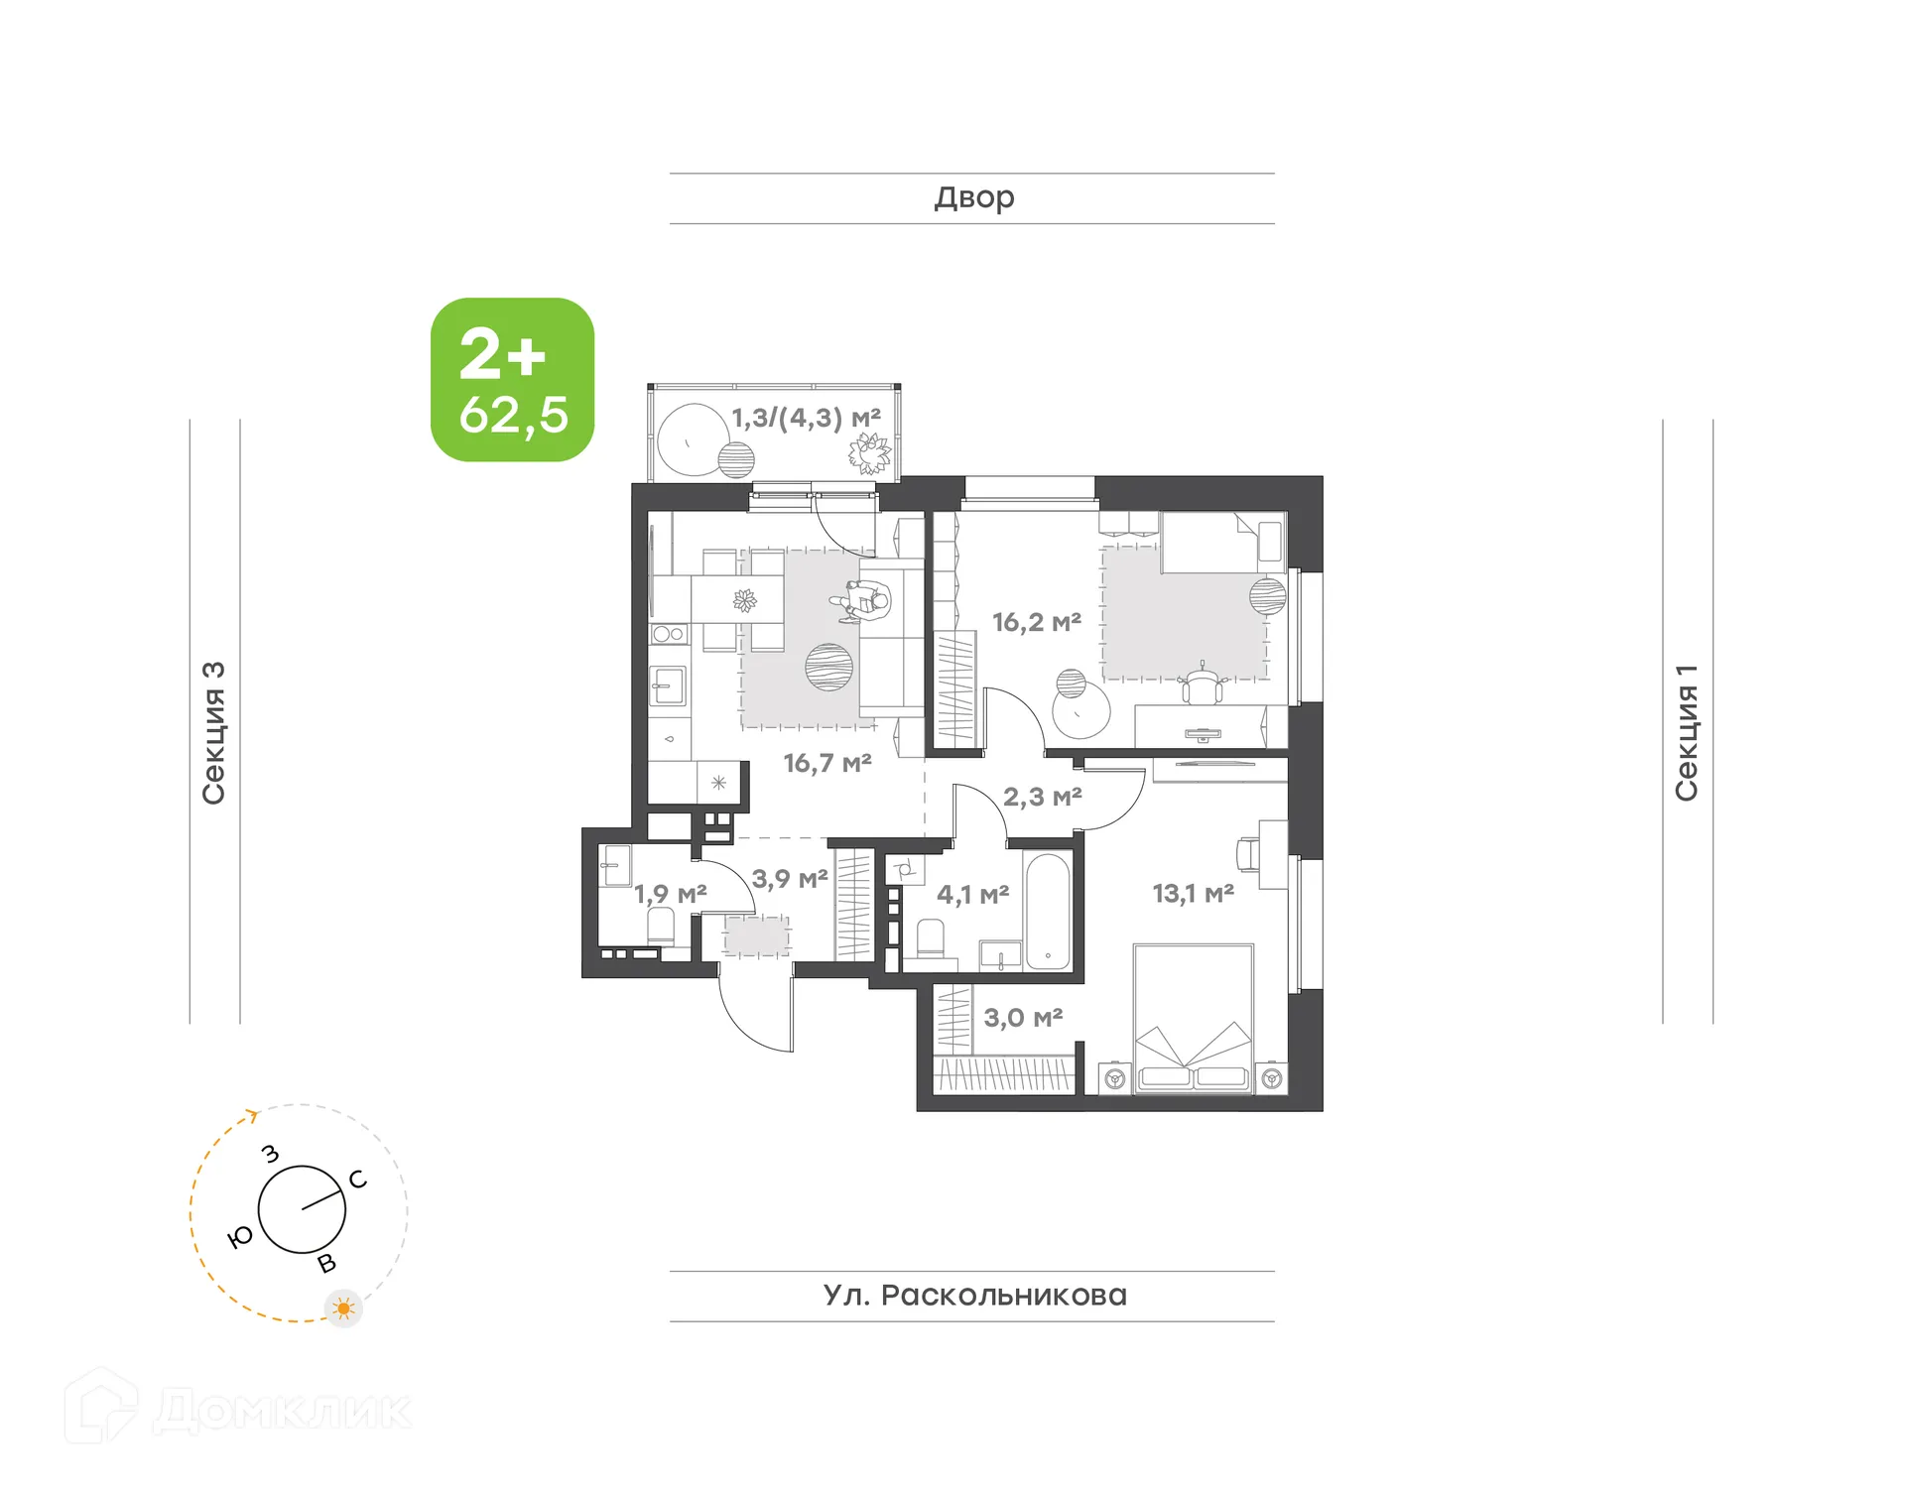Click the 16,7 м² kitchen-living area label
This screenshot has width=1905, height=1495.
tap(826, 763)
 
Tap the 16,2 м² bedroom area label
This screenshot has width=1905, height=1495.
tap(1036, 622)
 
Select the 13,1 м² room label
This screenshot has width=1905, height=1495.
tap(1193, 893)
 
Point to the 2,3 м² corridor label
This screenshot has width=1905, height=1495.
tap(1042, 797)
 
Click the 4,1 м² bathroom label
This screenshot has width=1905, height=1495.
tap(972, 895)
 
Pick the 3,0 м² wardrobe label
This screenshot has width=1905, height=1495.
tap(1023, 1018)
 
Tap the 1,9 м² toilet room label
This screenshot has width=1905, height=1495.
tap(670, 894)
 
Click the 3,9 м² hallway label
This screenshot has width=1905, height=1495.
tap(789, 879)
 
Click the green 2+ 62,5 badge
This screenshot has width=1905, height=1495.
tap(512, 380)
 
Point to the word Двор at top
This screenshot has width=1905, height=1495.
tap(973, 198)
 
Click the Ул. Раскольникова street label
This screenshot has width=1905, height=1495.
tap(974, 1296)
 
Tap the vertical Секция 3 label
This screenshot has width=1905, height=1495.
tap(214, 732)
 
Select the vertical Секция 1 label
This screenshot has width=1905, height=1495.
tap(1687, 732)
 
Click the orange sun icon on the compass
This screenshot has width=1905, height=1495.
tap(344, 1308)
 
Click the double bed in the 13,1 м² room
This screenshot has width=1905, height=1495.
tap(1194, 1019)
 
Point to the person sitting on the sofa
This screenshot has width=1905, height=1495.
tap(865, 601)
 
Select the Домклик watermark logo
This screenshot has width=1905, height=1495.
tap(238, 1409)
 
